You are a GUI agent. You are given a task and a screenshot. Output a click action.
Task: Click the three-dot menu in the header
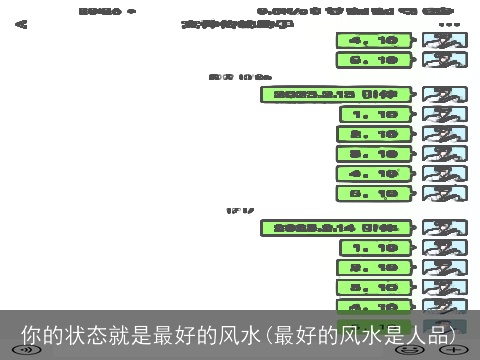tap(449, 23)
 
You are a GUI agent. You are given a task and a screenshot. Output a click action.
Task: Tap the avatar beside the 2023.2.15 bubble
tap(444, 95)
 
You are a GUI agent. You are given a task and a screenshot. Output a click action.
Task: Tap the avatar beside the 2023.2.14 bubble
tap(444, 227)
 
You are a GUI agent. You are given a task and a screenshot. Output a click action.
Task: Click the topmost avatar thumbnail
tap(444, 41)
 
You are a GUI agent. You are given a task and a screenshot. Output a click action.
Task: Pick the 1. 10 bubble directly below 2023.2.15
tap(375, 114)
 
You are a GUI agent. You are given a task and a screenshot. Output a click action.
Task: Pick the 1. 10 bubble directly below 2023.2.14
tap(375, 247)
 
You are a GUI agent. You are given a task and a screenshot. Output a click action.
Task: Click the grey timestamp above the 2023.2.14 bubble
tap(240, 210)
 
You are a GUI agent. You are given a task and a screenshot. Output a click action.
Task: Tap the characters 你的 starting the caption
tap(41, 334)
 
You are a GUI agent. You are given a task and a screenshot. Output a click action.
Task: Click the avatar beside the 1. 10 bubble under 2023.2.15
tap(444, 114)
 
